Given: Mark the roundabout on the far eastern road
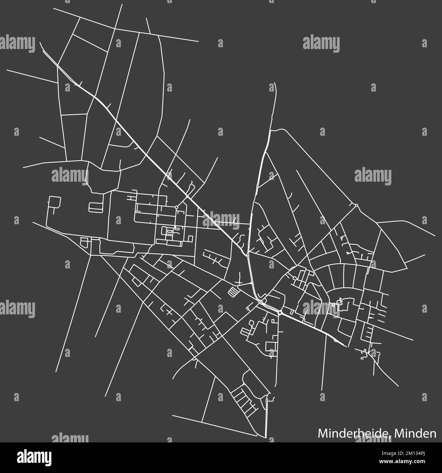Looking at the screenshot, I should pos(356,205).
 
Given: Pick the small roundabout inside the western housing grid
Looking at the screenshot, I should pos(176,207).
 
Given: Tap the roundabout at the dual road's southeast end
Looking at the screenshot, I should pos(279,312).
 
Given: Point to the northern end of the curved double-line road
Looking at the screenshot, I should pos(275,83).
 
